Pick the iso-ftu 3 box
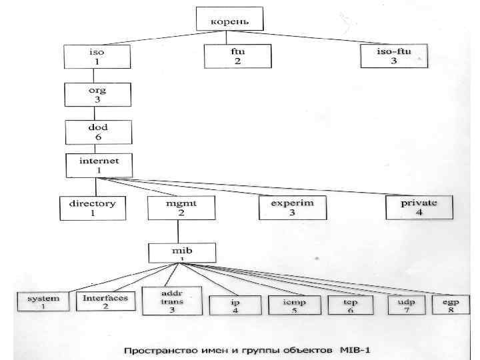[x=393, y=55]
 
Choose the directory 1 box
[x=93, y=207]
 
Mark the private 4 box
[x=419, y=207]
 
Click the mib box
[x=181, y=253]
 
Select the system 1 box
[x=43, y=303]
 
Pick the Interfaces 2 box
[x=105, y=302]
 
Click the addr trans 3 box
[x=172, y=300]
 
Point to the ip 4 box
[x=235, y=305]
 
